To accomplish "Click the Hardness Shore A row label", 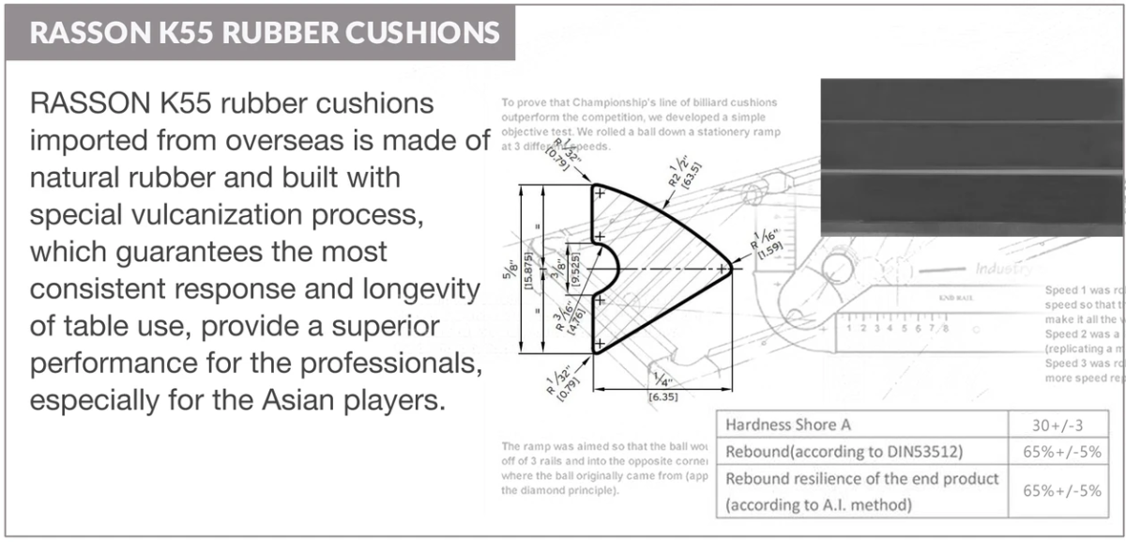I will (x=796, y=426).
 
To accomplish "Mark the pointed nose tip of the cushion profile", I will (x=730, y=269).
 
